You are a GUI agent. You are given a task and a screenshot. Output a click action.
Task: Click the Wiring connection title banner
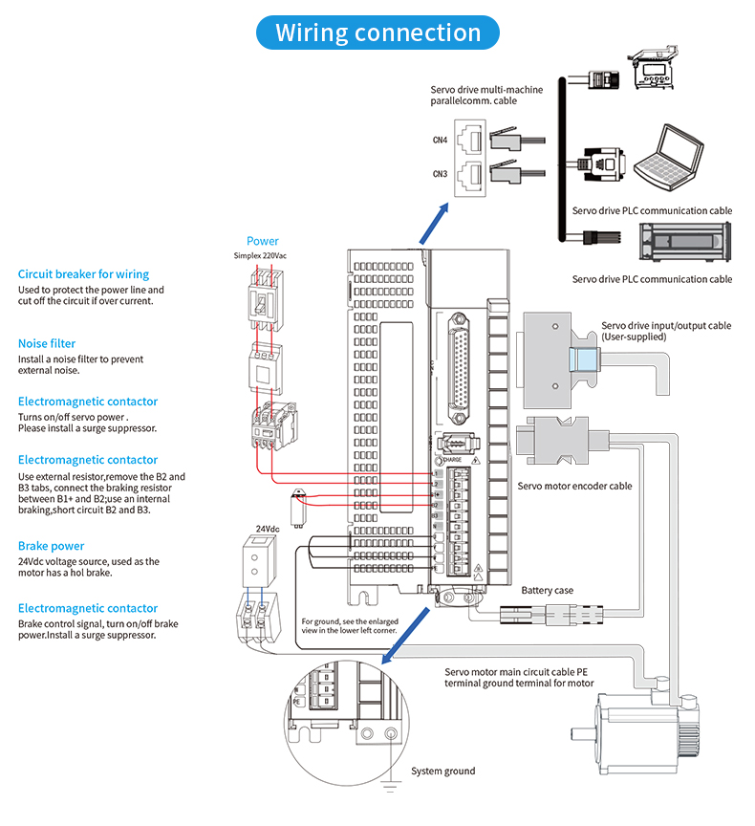tap(377, 33)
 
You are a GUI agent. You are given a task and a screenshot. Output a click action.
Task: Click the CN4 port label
tap(440, 141)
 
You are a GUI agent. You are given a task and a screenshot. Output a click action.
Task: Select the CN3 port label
tap(440, 174)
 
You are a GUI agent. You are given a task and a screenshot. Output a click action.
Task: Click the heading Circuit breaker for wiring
tap(83, 274)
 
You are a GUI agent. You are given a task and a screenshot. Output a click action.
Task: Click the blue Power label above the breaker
tap(263, 241)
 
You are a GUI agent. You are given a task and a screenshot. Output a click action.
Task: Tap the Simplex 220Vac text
tap(263, 255)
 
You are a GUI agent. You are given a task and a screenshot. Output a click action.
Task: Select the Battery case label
tap(547, 591)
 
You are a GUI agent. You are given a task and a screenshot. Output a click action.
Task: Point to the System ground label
tap(442, 772)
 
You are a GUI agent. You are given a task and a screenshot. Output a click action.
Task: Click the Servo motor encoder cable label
tap(574, 486)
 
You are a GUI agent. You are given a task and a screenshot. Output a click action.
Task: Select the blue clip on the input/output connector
tap(582, 360)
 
